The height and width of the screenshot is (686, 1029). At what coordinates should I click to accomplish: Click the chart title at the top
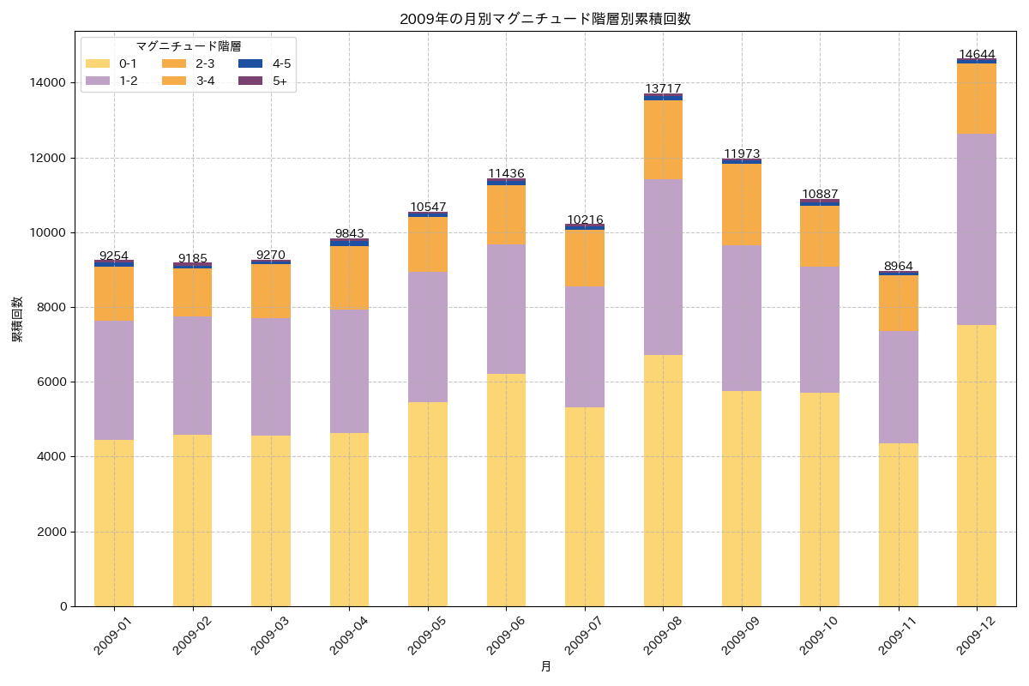(x=545, y=19)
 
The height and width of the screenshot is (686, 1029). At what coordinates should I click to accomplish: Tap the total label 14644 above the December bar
(x=977, y=55)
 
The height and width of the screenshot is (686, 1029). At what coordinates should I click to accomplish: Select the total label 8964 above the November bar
(x=898, y=267)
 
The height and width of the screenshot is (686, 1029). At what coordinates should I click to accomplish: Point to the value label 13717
(x=663, y=89)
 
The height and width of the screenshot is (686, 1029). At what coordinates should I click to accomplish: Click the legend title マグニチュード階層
(x=188, y=46)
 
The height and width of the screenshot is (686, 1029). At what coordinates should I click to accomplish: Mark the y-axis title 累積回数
(x=17, y=320)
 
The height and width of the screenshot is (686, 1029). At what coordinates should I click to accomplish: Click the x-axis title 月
(x=545, y=666)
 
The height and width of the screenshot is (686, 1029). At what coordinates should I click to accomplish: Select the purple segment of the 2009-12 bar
(x=977, y=229)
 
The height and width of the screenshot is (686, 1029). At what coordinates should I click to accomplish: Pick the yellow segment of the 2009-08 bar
(x=663, y=480)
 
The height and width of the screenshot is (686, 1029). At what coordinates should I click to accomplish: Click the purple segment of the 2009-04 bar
(x=349, y=371)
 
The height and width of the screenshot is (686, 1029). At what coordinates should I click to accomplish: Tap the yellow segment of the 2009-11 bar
(x=898, y=525)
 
